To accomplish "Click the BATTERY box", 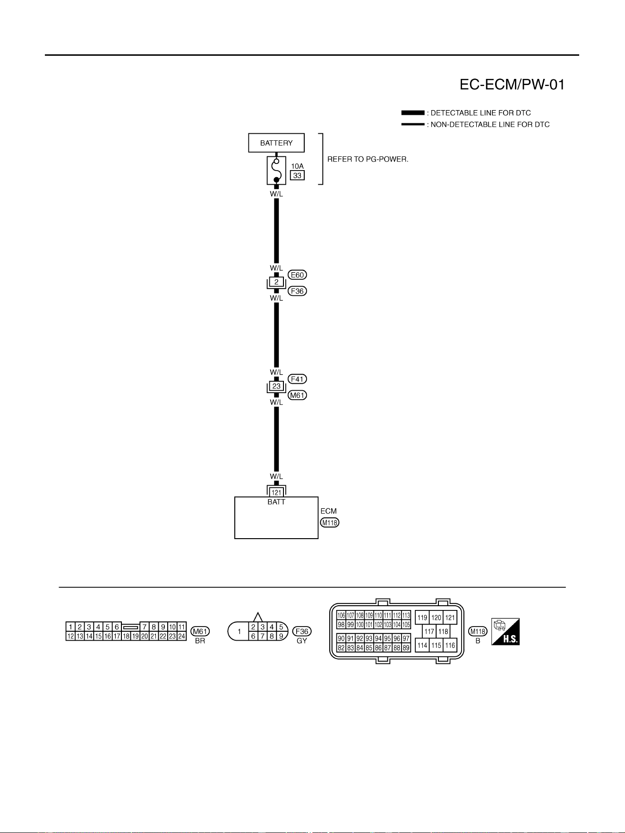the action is (x=276, y=143).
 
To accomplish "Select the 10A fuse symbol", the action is (x=276, y=170).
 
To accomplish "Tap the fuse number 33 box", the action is (x=297, y=175).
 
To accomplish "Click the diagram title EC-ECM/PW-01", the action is (x=512, y=85).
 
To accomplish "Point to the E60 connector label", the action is (x=297, y=275).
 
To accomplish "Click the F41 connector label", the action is (x=297, y=379).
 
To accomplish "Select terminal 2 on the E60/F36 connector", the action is (x=276, y=282).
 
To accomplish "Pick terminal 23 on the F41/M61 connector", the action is (x=276, y=386).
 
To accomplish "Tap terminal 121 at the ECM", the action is (x=276, y=492).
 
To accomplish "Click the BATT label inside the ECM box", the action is (x=276, y=502).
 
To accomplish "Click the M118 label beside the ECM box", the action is (x=330, y=523).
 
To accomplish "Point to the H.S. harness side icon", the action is (x=505, y=632).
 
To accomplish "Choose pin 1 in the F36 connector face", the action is (x=240, y=631).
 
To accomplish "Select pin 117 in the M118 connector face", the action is (x=429, y=631).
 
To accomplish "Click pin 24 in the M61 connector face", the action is (x=181, y=636).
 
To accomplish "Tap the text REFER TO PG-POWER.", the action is (x=368, y=159).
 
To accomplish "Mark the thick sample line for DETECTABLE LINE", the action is (x=413, y=113).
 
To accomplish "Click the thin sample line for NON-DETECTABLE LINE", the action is (x=413, y=124).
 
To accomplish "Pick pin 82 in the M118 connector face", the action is (x=341, y=648).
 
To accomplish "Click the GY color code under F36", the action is (x=302, y=641).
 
